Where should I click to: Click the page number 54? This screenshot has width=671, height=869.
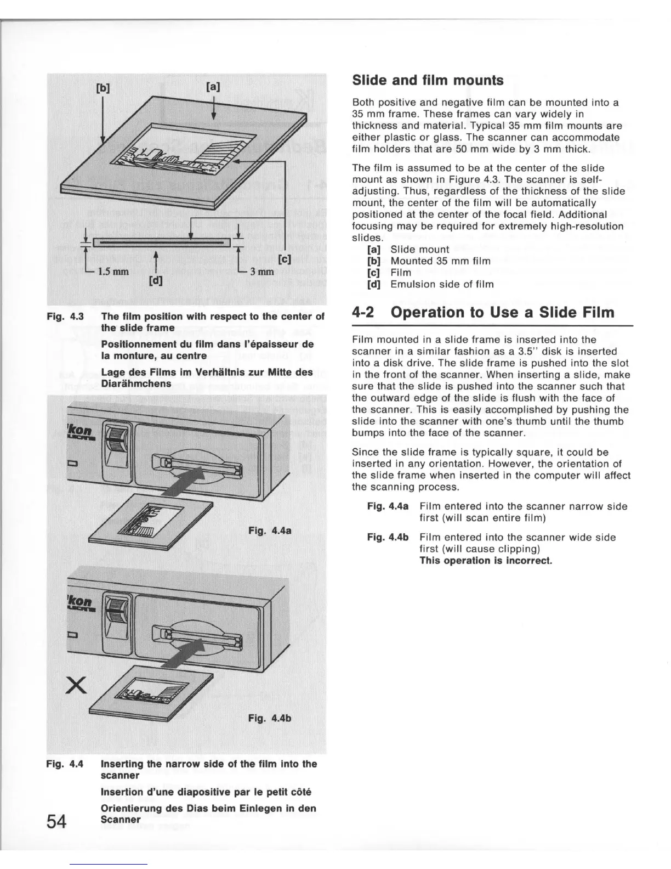pyautogui.click(x=57, y=821)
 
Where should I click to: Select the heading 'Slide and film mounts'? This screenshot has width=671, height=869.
pyautogui.click(x=427, y=80)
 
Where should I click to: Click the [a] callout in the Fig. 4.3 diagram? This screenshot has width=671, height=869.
pyautogui.click(x=213, y=86)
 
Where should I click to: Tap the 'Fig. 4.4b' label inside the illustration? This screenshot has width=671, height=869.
pyautogui.click(x=269, y=718)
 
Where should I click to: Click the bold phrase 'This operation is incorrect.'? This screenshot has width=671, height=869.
pyautogui.click(x=486, y=560)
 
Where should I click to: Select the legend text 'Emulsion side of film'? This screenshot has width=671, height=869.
pyautogui.click(x=442, y=284)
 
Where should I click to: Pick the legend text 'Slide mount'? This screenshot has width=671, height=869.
pyautogui.click(x=420, y=250)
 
